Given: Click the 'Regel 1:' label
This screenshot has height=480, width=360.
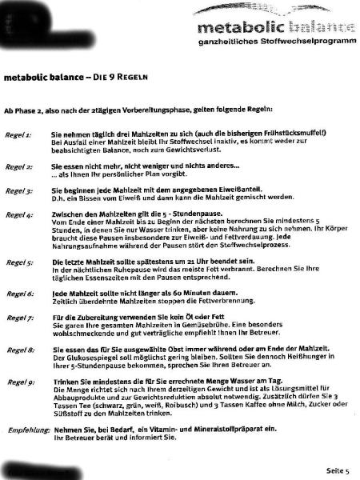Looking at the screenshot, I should point(18,136).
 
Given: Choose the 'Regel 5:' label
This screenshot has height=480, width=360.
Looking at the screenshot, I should point(18,262).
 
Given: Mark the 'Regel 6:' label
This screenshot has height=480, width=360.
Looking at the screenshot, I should point(18,294).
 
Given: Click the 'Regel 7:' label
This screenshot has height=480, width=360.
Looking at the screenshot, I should point(18,318).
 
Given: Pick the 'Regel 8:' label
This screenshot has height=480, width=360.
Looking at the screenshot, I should point(18,350).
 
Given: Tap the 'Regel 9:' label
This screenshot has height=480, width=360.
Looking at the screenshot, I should point(18,382).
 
